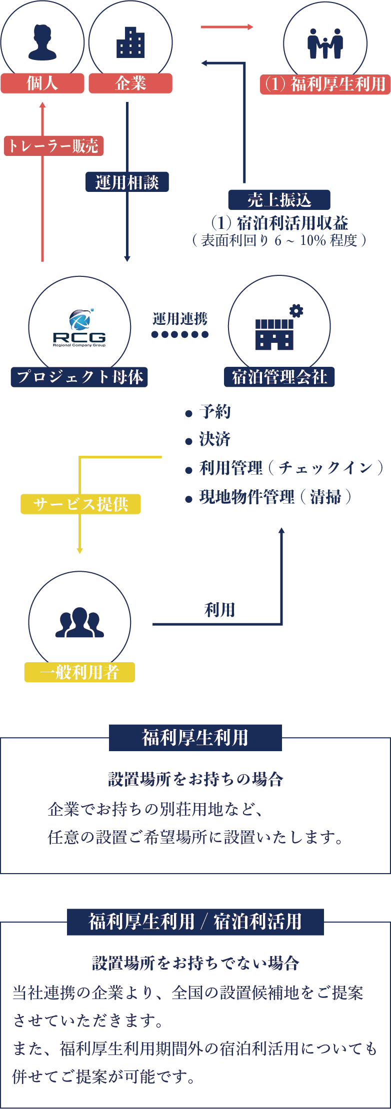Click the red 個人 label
point(42,83)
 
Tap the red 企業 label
point(130,83)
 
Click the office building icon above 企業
point(130,42)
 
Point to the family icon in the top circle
point(325,43)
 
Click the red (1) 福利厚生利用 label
point(325,84)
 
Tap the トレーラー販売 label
point(53,146)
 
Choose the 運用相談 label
point(127,182)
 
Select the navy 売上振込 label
point(279,200)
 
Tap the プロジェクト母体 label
point(79,376)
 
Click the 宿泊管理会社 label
point(279,376)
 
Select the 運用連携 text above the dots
point(180,318)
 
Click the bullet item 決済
point(214,439)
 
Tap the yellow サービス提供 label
point(80,504)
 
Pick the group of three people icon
point(79,622)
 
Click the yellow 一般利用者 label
point(79,672)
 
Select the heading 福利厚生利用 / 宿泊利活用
point(195,921)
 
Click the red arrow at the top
point(227,27)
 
